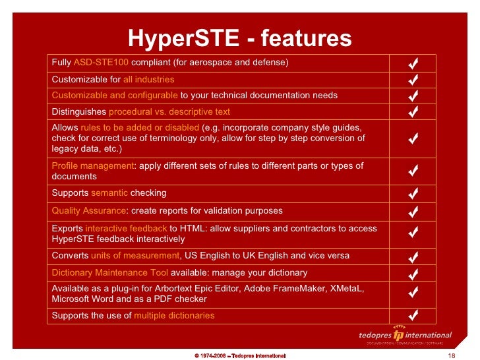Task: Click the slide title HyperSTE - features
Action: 239,38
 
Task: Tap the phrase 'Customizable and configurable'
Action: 115,95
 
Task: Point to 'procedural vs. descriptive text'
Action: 169,111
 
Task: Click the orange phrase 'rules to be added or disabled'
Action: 140,127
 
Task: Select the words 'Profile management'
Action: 93,165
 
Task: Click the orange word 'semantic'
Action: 110,193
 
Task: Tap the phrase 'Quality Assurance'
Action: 88,210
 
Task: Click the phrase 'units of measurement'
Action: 135,255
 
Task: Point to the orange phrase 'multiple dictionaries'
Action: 174,315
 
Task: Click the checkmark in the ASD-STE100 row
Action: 413,63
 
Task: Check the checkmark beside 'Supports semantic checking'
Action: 413,194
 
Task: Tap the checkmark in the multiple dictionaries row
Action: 413,315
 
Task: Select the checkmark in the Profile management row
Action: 413,171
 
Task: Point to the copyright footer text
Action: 239,355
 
